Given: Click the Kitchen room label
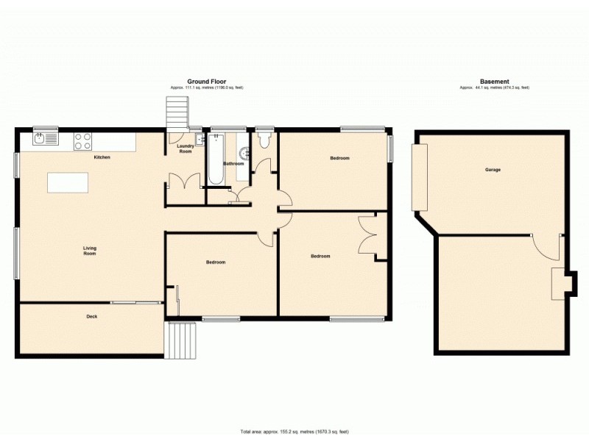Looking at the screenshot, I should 102,158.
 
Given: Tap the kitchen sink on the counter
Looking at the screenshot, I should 44,139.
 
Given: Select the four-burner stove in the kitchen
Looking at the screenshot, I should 82,140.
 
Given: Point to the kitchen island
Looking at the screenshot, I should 67,182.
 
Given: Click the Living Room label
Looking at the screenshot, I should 90,251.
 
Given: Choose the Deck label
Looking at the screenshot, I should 92,317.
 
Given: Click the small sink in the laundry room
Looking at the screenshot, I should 200,140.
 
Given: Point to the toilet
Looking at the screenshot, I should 264,140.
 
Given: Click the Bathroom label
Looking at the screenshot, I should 233,164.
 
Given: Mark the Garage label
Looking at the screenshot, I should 493,170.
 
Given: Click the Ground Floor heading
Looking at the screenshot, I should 206,82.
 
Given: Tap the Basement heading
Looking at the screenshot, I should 494,82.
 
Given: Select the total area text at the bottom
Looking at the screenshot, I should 294,431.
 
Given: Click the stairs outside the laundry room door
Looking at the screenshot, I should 177,115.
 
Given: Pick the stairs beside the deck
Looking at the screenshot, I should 183,340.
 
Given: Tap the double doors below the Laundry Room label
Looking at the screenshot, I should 183,181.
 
